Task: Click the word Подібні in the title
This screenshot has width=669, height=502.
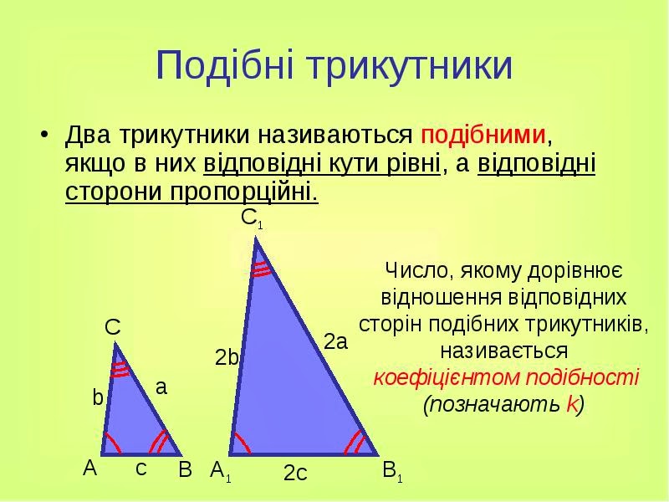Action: (225, 65)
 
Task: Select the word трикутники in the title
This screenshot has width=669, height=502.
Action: (410, 67)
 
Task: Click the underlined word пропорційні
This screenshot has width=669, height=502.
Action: (244, 192)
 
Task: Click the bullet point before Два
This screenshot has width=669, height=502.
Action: (44, 135)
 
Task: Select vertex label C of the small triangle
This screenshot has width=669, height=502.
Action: (113, 328)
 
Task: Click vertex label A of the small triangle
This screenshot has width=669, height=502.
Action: (90, 468)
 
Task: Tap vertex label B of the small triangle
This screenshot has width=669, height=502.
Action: (185, 470)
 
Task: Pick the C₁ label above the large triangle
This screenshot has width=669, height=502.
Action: (252, 219)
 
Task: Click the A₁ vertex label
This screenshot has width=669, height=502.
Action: (221, 472)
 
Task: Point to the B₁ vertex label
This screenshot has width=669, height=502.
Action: (392, 471)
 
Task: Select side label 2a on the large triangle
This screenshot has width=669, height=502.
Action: (336, 342)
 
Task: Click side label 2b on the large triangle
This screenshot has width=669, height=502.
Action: (227, 358)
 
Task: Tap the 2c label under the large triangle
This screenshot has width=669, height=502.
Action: (295, 473)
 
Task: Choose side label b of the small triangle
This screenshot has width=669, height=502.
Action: (98, 398)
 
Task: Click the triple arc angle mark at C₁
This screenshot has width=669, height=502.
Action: (260, 269)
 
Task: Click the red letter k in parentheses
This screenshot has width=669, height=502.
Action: (572, 404)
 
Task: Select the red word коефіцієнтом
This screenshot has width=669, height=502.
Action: (447, 378)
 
